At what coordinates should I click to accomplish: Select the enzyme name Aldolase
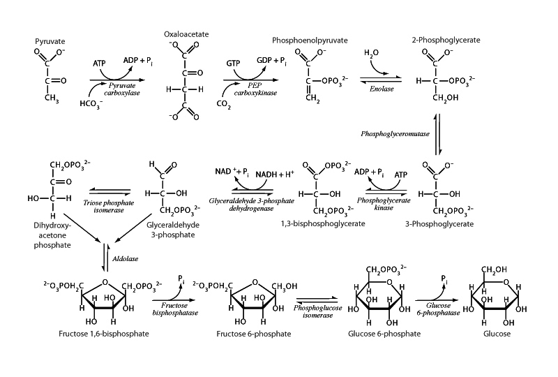click(126, 258)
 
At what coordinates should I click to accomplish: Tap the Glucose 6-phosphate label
click(385, 334)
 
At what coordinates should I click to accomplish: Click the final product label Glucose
click(498, 334)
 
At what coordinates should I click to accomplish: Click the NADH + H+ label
click(268, 172)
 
